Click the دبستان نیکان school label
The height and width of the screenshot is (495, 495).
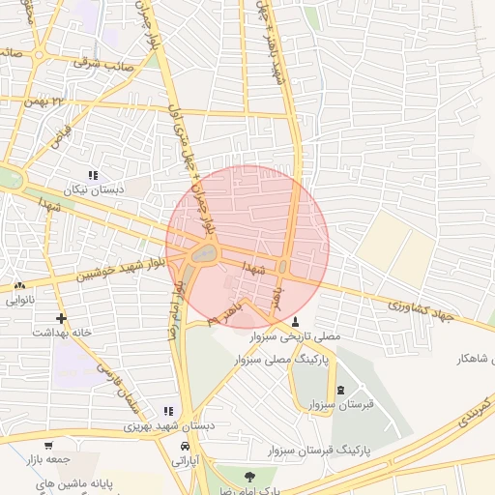point(94,190)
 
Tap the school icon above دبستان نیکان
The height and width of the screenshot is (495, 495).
point(93,175)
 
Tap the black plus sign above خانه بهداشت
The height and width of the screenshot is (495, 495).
point(62,317)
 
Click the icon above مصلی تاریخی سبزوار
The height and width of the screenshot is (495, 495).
point(295,321)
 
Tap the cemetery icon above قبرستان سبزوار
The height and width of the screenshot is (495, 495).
point(340,390)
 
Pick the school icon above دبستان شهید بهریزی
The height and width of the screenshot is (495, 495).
point(169,411)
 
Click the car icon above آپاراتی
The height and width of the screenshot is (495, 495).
point(185,447)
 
